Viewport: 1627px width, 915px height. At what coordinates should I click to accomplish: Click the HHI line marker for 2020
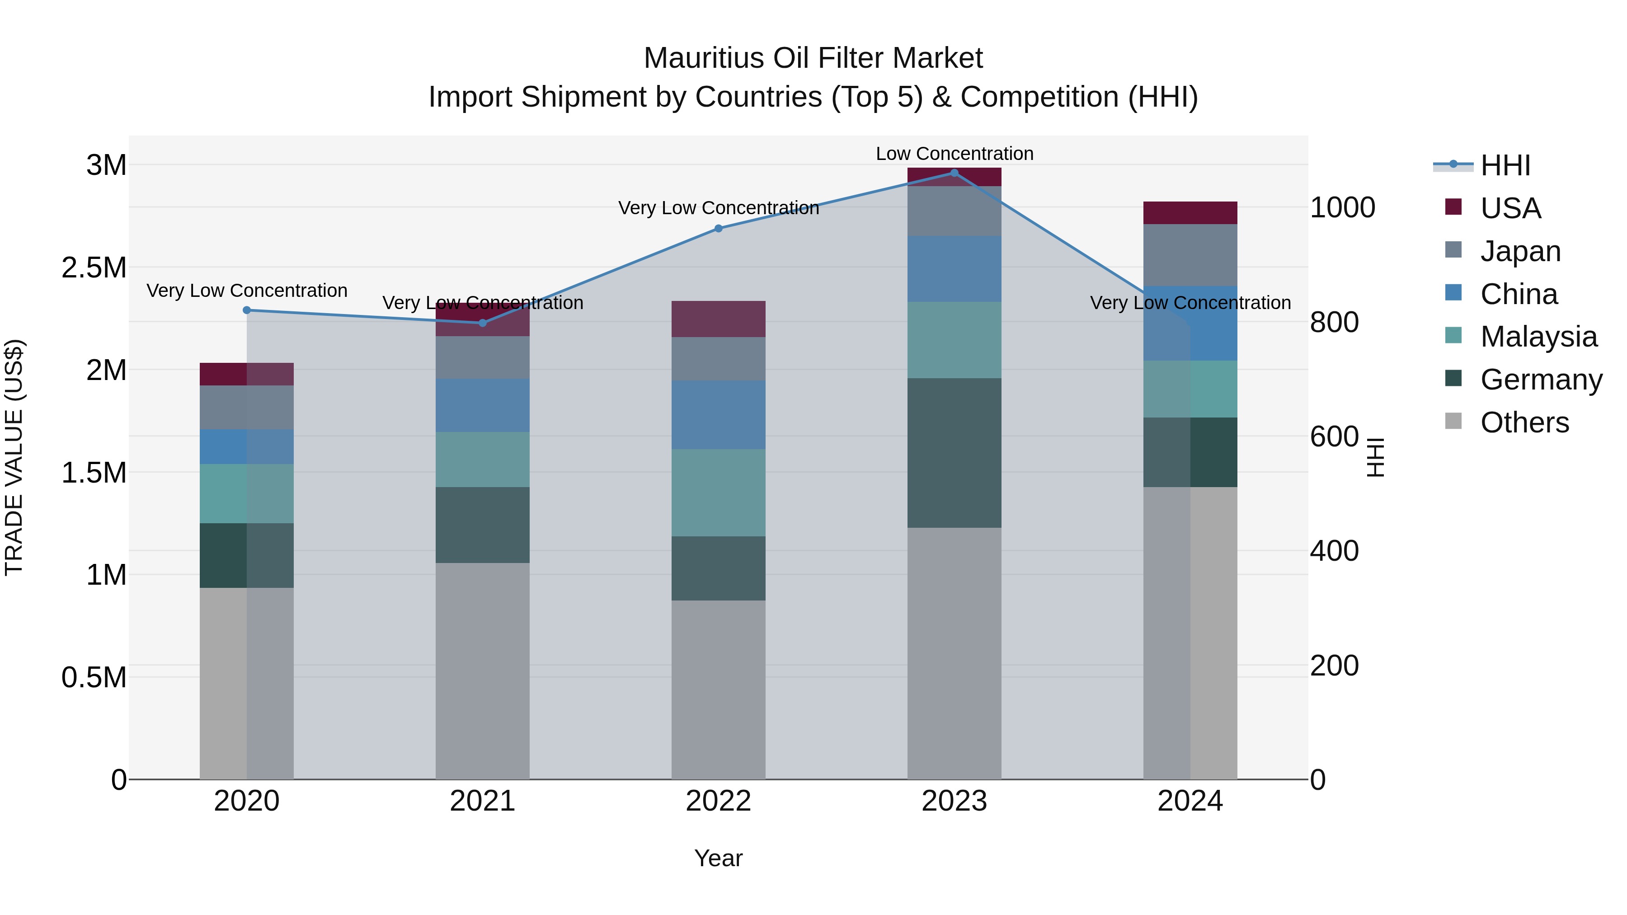coord(247,310)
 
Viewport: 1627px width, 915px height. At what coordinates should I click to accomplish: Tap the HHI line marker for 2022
coord(718,228)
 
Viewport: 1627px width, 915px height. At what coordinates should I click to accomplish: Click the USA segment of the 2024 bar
coord(1190,213)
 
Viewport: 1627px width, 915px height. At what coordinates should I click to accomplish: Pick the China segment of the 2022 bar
coord(718,414)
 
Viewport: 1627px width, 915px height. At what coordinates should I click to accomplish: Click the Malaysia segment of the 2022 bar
coord(718,493)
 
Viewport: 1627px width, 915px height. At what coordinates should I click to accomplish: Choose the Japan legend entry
coord(1519,251)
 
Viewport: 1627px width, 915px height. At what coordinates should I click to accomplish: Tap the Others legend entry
coord(1524,422)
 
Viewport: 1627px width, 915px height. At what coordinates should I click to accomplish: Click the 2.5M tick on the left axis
coord(94,268)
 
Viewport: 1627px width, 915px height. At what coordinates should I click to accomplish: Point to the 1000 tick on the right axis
coord(1342,208)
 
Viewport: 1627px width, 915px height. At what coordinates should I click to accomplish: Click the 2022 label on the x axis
coord(718,801)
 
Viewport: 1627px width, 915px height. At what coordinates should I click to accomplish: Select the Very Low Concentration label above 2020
coord(247,291)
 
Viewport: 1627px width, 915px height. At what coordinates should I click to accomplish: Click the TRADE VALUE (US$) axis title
coord(14,457)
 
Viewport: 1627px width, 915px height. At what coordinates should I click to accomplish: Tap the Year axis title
coord(718,858)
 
